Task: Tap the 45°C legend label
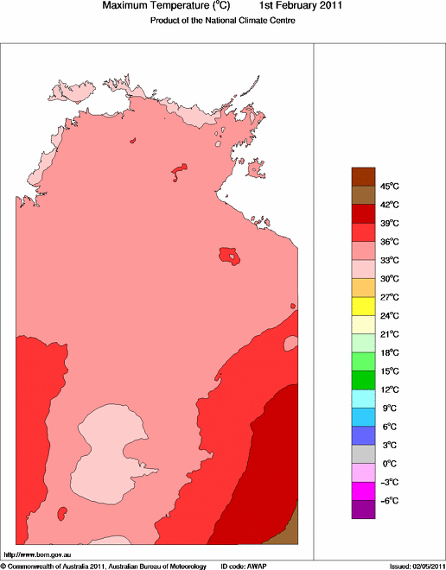click(389, 187)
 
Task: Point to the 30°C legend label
click(389, 279)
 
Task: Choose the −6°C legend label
click(389, 501)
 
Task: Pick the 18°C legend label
click(389, 352)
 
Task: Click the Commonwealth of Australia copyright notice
click(104, 566)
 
